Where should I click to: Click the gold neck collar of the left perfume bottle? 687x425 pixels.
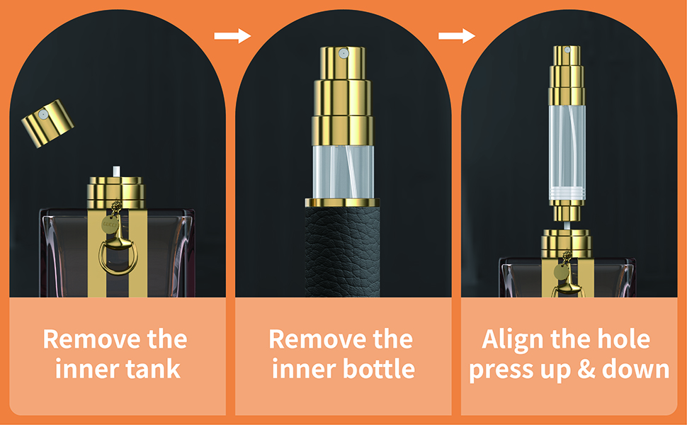click(115, 190)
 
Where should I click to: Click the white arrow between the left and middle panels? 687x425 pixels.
click(232, 35)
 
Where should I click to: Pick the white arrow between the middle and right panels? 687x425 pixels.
click(457, 35)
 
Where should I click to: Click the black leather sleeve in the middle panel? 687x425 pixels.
click(343, 248)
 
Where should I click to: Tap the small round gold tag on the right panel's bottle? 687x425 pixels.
click(562, 271)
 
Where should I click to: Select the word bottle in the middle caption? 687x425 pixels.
click(379, 370)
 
